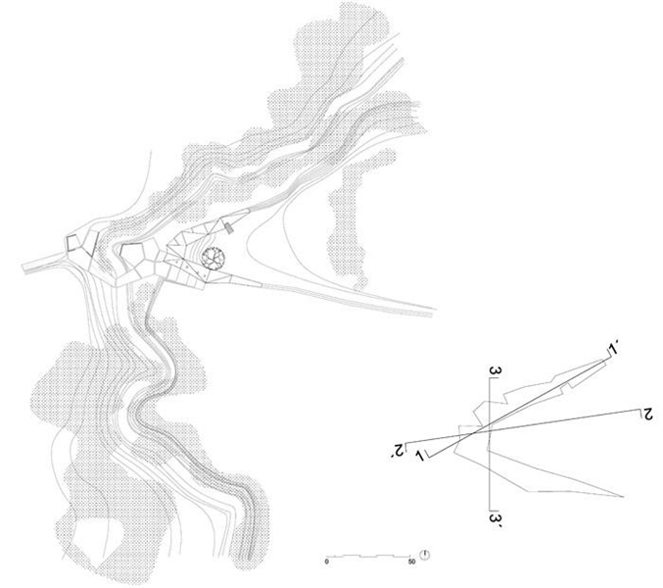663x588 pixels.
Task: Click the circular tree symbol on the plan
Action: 213,257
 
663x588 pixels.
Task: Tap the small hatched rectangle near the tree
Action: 229,228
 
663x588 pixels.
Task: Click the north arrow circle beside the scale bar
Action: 425,555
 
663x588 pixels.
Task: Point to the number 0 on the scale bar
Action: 326,563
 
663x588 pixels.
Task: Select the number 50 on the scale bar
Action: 412,563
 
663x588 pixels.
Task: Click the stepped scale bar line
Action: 368,556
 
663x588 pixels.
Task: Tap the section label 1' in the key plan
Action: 612,349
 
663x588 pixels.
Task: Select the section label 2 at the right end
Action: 647,415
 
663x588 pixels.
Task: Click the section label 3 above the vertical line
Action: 496,371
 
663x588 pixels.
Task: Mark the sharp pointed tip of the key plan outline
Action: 623,496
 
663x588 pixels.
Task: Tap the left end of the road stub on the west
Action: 23,268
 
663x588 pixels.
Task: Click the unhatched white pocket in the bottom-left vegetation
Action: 98,543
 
